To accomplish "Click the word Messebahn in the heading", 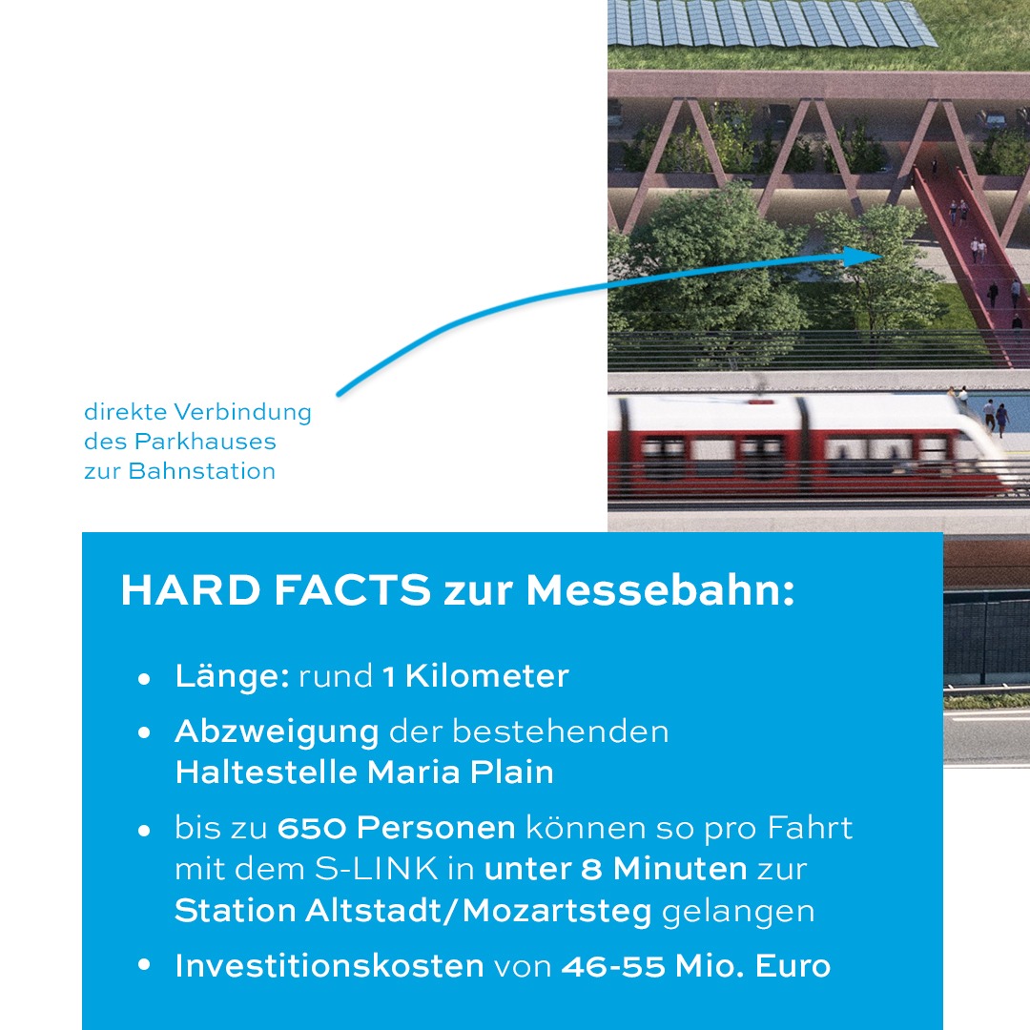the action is pyautogui.click(x=660, y=589).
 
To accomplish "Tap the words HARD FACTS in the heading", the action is pyautogui.click(x=276, y=589).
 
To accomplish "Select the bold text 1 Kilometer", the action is pyautogui.click(x=476, y=676).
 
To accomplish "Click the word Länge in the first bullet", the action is pyautogui.click(x=232, y=676).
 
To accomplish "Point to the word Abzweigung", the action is pyautogui.click(x=277, y=732).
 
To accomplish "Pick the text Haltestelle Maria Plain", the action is pyautogui.click(x=364, y=772).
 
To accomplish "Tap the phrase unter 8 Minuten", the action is pyautogui.click(x=615, y=869).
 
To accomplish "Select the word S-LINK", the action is pyautogui.click(x=377, y=869).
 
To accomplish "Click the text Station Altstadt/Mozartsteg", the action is pyautogui.click(x=413, y=911).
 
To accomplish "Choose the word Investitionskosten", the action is pyautogui.click(x=329, y=965).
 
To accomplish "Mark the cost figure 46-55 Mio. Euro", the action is pyautogui.click(x=695, y=965).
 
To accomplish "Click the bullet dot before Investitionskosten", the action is pyautogui.click(x=145, y=965).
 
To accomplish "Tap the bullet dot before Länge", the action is pyautogui.click(x=145, y=679).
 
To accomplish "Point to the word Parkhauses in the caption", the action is pyautogui.click(x=205, y=442).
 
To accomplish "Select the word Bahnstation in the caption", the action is pyautogui.click(x=201, y=471).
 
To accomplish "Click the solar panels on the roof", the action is pyautogui.click(x=772, y=23).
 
